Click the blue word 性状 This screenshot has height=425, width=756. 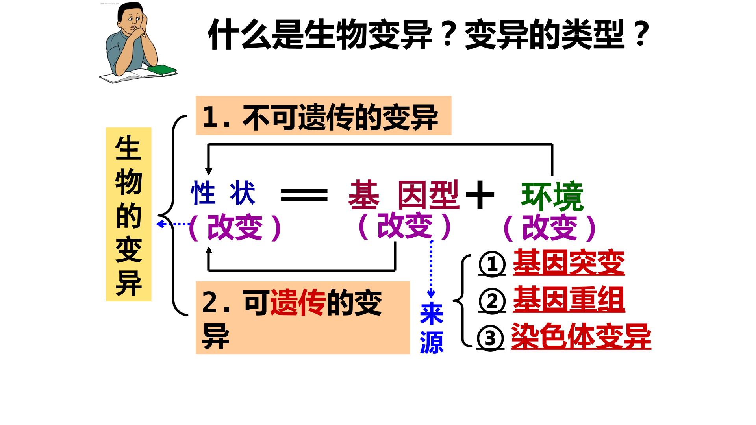223,193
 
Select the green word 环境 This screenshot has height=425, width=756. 552,196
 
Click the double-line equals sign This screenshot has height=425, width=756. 304,194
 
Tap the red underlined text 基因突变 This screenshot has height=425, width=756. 569,262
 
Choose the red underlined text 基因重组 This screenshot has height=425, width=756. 569,300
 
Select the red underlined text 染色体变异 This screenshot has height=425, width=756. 581,336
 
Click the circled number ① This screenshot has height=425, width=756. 492,264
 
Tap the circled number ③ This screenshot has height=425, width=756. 490,338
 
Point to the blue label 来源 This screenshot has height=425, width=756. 432,328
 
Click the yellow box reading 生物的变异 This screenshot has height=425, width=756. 129,214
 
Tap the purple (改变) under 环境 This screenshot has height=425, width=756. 550,228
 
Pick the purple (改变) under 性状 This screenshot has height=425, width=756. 235,227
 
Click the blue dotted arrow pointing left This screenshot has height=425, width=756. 173,224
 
